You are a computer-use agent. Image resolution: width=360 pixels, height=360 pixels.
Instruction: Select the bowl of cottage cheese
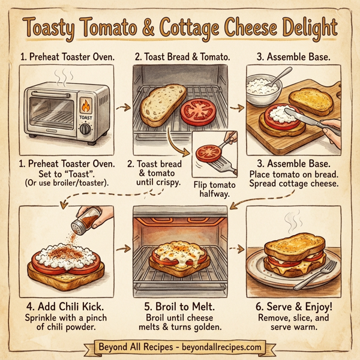point(263,89)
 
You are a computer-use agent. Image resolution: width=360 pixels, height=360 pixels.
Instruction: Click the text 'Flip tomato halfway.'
point(214,190)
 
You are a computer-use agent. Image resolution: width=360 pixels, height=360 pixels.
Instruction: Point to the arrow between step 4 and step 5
point(123,247)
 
